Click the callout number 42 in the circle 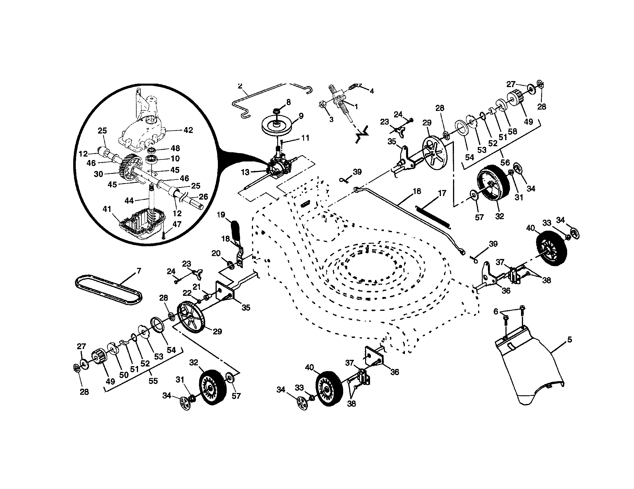pos(188,130)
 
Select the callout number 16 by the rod pos(417,191)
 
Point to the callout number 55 pos(153,381)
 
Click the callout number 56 pos(505,162)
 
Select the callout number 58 pos(512,131)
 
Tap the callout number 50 pos(124,375)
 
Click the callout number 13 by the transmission pos(245,172)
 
